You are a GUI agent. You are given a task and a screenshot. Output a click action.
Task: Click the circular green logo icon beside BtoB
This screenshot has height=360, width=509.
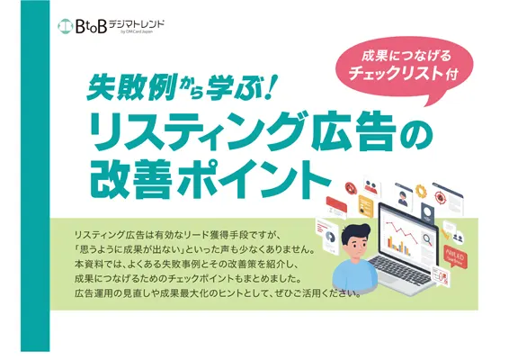(x=65, y=26)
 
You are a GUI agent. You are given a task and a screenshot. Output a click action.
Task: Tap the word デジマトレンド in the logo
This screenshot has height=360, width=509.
(x=137, y=24)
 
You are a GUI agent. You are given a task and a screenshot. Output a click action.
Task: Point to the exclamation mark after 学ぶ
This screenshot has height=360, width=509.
(x=269, y=87)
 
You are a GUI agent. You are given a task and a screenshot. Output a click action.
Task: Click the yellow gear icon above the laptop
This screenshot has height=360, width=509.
(x=421, y=191)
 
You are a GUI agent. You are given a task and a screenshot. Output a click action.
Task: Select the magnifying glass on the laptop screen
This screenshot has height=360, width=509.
(x=428, y=240)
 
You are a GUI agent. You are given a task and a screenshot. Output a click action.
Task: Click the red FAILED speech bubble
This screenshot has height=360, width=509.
(x=454, y=258)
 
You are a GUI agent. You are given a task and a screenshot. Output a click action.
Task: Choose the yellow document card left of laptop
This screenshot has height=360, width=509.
(x=365, y=207)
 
